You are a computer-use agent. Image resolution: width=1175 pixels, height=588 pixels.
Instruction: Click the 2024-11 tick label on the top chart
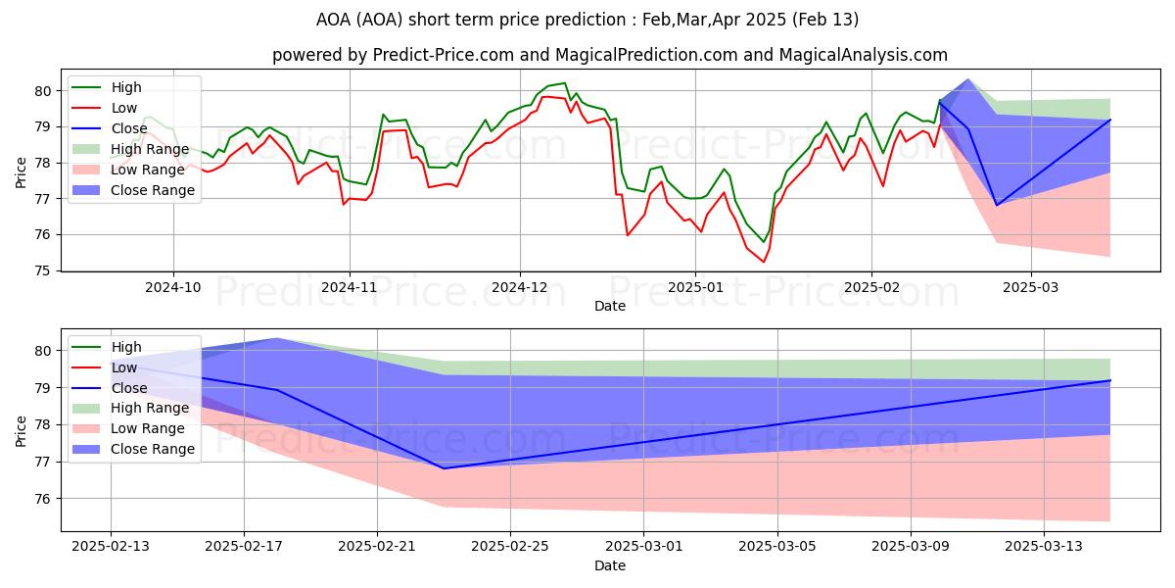pyautogui.click(x=350, y=288)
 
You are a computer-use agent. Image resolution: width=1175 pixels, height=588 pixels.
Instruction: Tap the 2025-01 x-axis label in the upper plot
pyautogui.click(x=695, y=288)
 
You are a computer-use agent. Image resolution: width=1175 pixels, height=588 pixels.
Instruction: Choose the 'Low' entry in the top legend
pyautogui.click(x=124, y=108)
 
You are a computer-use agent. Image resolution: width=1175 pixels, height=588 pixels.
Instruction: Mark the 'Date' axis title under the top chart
pyautogui.click(x=610, y=306)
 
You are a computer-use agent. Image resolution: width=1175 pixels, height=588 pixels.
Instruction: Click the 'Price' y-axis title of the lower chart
pyautogui.click(x=22, y=429)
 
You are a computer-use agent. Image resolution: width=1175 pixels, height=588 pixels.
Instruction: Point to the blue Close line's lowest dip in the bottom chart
pyautogui.click(x=444, y=468)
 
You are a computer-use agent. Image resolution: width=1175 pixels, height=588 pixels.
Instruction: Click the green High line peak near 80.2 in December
pyautogui.click(x=564, y=83)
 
